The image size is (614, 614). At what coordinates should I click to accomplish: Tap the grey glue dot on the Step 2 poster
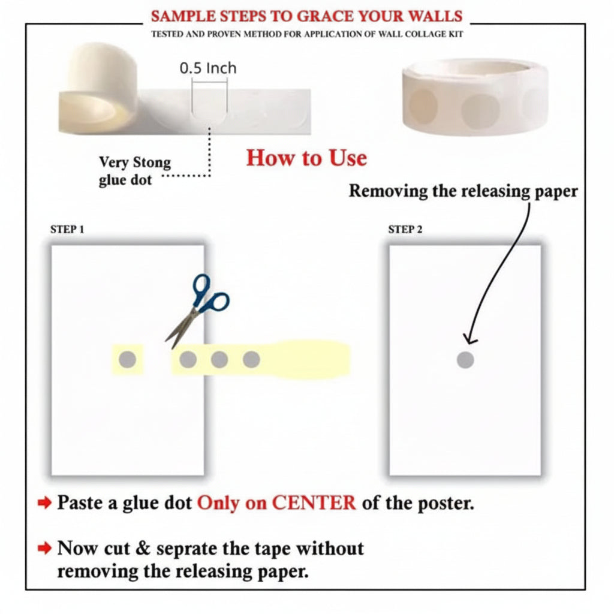tap(465, 360)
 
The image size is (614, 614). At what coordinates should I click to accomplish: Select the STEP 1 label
tap(67, 229)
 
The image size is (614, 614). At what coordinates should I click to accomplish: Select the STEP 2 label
tap(405, 229)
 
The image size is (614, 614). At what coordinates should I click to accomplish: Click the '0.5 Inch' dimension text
tap(208, 68)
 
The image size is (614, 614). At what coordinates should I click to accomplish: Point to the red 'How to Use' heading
tap(306, 158)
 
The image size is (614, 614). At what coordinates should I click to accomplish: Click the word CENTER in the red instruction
tap(314, 502)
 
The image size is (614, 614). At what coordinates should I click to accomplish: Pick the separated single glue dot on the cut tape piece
tap(127, 360)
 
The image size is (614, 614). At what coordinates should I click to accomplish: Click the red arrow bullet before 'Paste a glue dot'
tap(44, 503)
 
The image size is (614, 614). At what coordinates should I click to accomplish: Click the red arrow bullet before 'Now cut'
tap(44, 548)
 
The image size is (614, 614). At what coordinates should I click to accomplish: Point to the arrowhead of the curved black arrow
tap(469, 339)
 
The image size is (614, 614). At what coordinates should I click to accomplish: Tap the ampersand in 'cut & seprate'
tap(143, 548)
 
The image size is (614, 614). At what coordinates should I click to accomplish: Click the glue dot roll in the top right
tap(475, 97)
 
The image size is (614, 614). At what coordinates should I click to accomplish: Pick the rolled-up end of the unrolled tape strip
tap(98, 89)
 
